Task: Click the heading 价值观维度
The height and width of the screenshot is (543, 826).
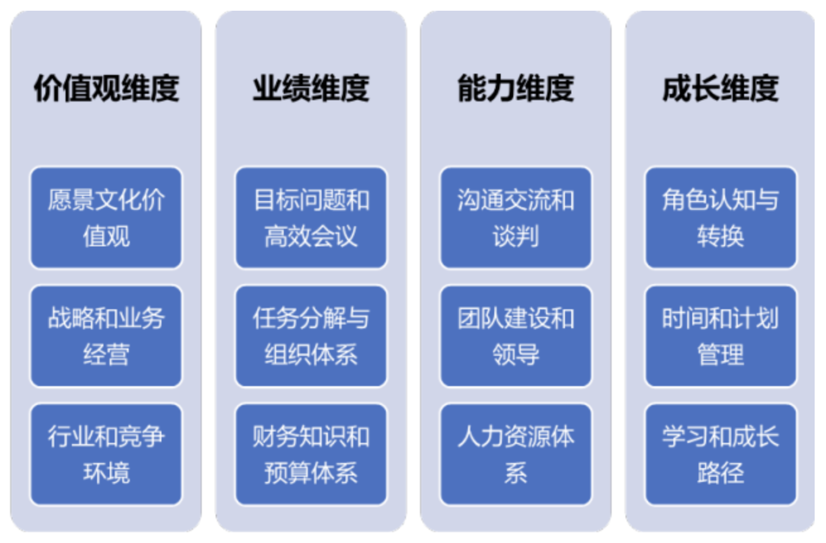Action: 106,88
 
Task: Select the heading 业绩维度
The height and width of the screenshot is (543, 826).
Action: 311,88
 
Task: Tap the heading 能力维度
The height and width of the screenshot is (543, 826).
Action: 516,88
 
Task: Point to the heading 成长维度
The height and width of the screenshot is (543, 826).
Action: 721,88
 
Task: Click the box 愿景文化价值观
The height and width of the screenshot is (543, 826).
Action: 106,218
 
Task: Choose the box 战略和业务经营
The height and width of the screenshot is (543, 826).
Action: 106,336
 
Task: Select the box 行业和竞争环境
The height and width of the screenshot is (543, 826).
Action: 106,455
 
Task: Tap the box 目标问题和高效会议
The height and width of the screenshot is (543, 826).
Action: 311,218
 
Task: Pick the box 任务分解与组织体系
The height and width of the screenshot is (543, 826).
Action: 311,336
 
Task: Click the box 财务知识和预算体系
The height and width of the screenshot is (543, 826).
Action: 311,455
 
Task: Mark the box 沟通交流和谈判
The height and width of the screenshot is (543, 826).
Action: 516,218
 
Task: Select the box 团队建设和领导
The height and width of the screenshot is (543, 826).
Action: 516,336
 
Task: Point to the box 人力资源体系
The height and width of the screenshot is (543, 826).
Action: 516,455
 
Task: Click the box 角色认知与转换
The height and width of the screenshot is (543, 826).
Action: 721,218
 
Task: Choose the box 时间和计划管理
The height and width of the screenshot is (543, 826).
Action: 721,336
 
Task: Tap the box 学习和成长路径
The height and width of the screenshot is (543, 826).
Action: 721,455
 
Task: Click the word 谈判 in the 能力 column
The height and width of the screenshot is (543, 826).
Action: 516,236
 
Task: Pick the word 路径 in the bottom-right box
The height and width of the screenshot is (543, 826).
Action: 721,473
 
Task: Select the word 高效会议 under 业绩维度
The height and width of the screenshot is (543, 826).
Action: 311,236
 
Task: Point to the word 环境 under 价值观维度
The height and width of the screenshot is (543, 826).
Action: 106,473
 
